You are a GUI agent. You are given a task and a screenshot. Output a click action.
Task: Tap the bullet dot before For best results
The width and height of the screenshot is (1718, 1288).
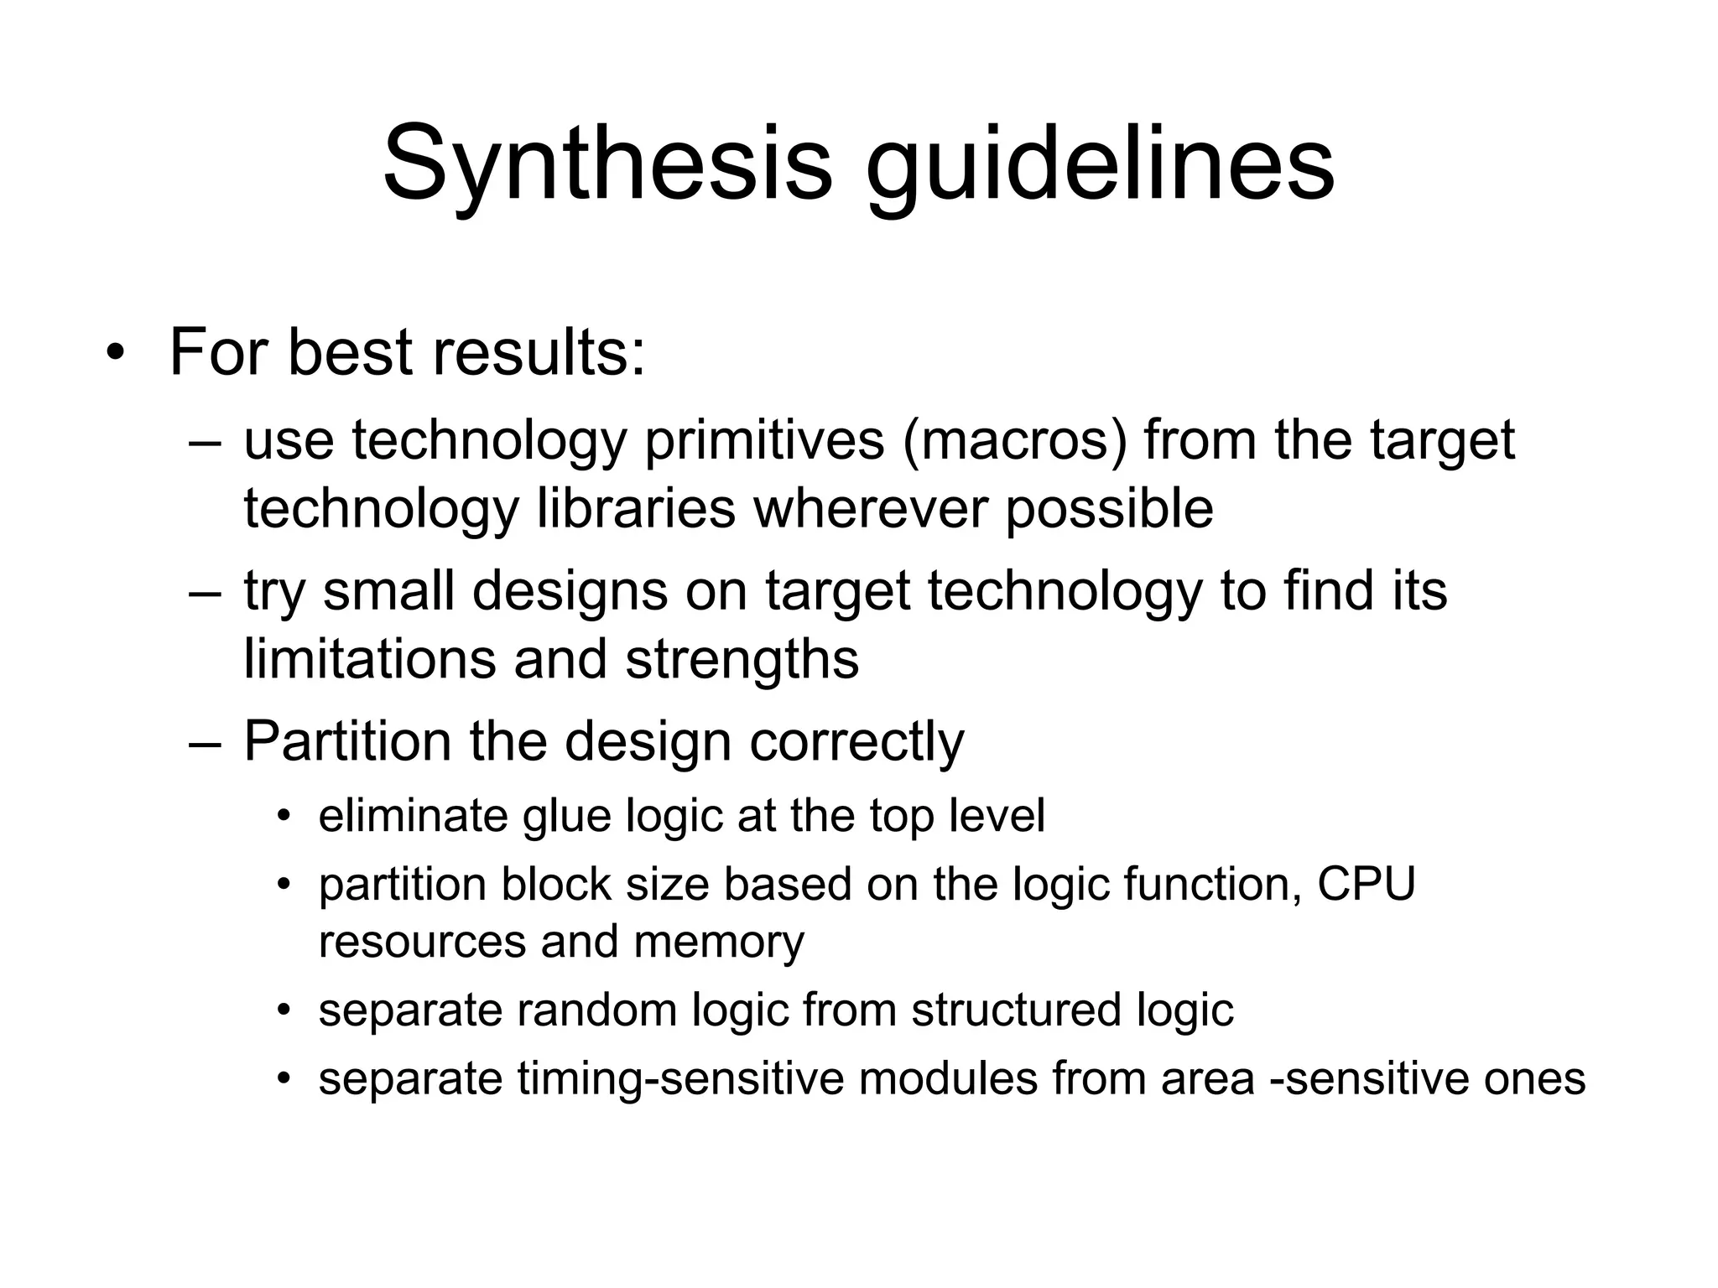[x=115, y=353]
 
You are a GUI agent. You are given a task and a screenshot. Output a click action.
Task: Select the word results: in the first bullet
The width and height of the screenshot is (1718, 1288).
[x=539, y=352]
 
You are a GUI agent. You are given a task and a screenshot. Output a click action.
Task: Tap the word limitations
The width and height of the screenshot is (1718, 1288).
[x=369, y=659]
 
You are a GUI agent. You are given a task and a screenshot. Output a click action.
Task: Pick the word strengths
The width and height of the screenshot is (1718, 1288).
[x=742, y=659]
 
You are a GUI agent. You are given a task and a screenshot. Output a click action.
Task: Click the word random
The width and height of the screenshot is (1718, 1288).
[x=596, y=1010]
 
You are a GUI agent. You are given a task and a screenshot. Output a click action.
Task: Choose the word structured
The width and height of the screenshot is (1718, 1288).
[x=1016, y=1010]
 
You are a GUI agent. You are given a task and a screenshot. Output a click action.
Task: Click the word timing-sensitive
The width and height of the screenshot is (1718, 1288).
[x=680, y=1079]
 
